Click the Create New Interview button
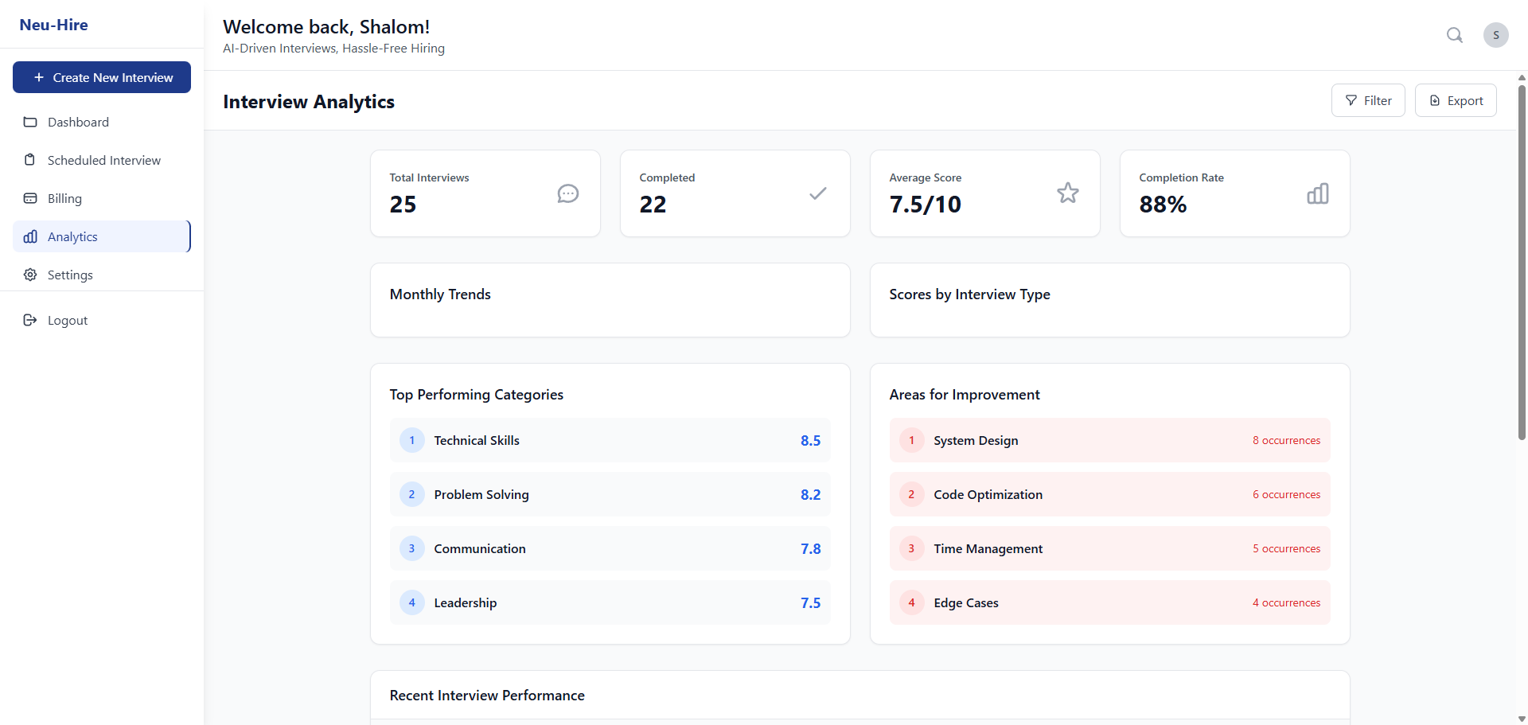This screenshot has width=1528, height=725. pos(102,77)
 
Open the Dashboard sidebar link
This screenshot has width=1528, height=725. pos(78,122)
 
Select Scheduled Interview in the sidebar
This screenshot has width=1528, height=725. pos(103,160)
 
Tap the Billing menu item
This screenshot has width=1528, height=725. pos(64,198)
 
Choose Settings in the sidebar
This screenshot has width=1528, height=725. pos(70,275)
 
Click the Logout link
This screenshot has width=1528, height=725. pos(67,320)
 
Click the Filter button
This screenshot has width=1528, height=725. pos(1368,100)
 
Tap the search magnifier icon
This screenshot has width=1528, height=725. pos(1454,35)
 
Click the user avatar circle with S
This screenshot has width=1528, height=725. pos(1495,35)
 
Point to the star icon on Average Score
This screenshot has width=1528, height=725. pos(1067,193)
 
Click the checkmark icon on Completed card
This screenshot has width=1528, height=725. pos(817,193)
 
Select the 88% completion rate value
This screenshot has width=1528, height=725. pos(1163,205)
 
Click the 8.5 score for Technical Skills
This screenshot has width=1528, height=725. pos(810,441)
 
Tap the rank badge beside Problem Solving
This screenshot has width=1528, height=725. pos(411,494)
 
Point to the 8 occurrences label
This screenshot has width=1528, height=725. pos(1286,441)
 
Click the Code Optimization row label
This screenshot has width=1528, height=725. pos(988,494)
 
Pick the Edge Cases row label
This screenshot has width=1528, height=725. pos(965,603)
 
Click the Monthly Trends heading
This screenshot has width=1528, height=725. pos(440,294)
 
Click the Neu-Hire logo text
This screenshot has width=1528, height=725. pos(54,25)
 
